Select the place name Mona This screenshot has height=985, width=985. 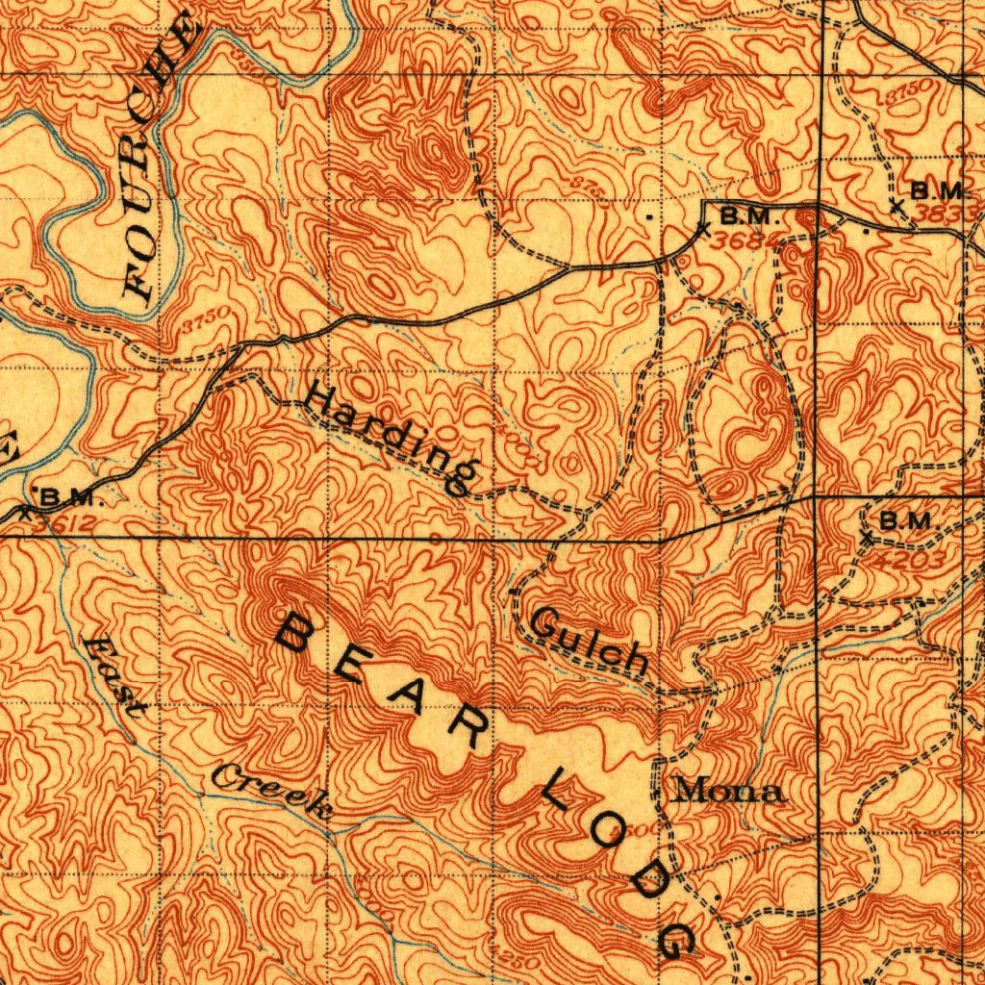tap(728, 792)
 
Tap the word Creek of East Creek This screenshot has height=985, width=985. tap(272, 791)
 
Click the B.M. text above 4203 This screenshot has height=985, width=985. tap(909, 521)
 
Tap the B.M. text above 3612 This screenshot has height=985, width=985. tap(70, 497)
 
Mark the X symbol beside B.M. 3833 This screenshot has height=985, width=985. tap(896, 205)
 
